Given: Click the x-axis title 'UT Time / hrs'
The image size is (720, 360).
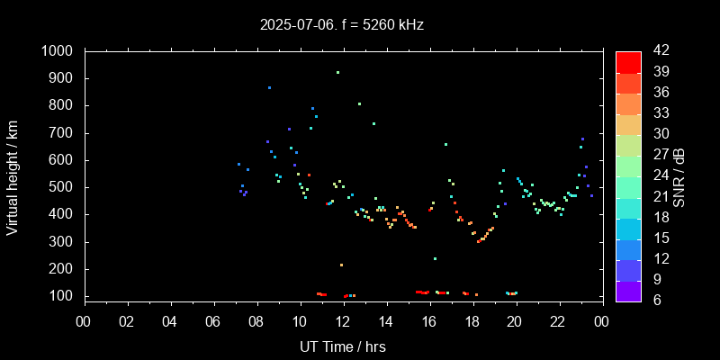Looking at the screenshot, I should pyautogui.click(x=342, y=346).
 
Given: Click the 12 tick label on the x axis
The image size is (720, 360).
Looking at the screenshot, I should pyautogui.click(x=342, y=321).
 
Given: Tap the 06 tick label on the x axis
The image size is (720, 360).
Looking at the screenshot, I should pyautogui.click(x=212, y=321).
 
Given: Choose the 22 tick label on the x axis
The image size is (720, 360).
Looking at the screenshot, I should pyautogui.click(x=558, y=321).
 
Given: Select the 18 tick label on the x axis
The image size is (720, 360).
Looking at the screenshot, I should pyautogui.click(x=472, y=321).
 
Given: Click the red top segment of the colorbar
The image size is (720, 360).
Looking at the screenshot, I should pyautogui.click(x=628, y=61).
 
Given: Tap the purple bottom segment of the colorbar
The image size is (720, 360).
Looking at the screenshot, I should pyautogui.click(x=628, y=290).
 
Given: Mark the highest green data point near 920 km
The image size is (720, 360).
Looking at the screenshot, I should pyautogui.click(x=337, y=72).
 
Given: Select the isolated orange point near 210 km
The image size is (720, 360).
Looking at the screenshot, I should pyautogui.click(x=341, y=265).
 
